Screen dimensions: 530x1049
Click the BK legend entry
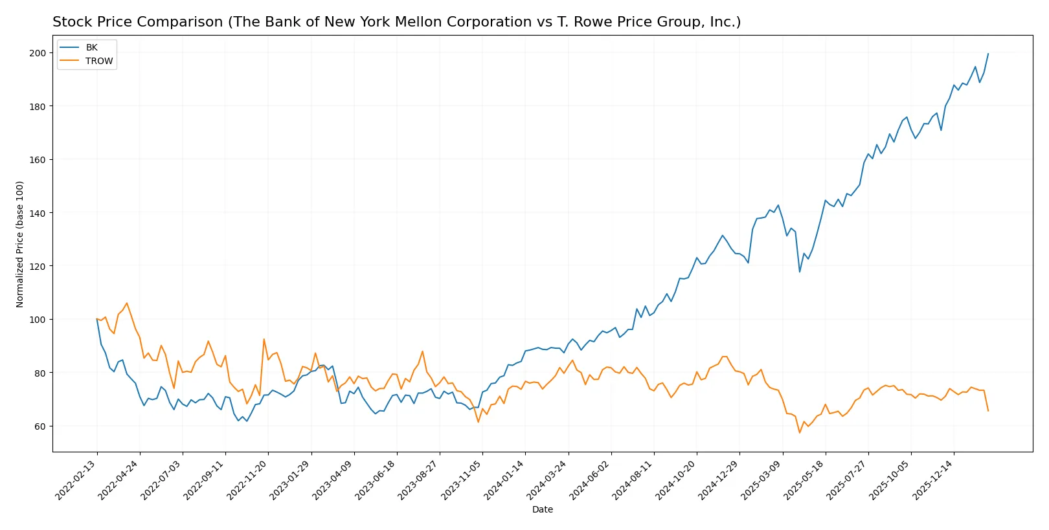(91, 47)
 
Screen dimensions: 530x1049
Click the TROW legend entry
(98, 61)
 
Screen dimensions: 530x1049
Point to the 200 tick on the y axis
(38, 53)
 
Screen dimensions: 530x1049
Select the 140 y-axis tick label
(38, 213)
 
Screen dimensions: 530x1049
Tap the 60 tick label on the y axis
(40, 426)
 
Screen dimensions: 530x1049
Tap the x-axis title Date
(542, 510)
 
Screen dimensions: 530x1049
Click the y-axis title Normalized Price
(20, 244)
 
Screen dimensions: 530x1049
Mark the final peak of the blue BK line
(988, 54)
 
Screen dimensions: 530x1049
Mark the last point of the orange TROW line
(988, 411)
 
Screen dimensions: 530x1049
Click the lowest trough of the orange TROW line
(800, 433)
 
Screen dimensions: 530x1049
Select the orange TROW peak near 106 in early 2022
(126, 303)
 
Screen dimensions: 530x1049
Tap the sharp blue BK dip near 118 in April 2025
(800, 272)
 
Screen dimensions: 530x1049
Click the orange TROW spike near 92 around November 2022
(264, 339)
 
